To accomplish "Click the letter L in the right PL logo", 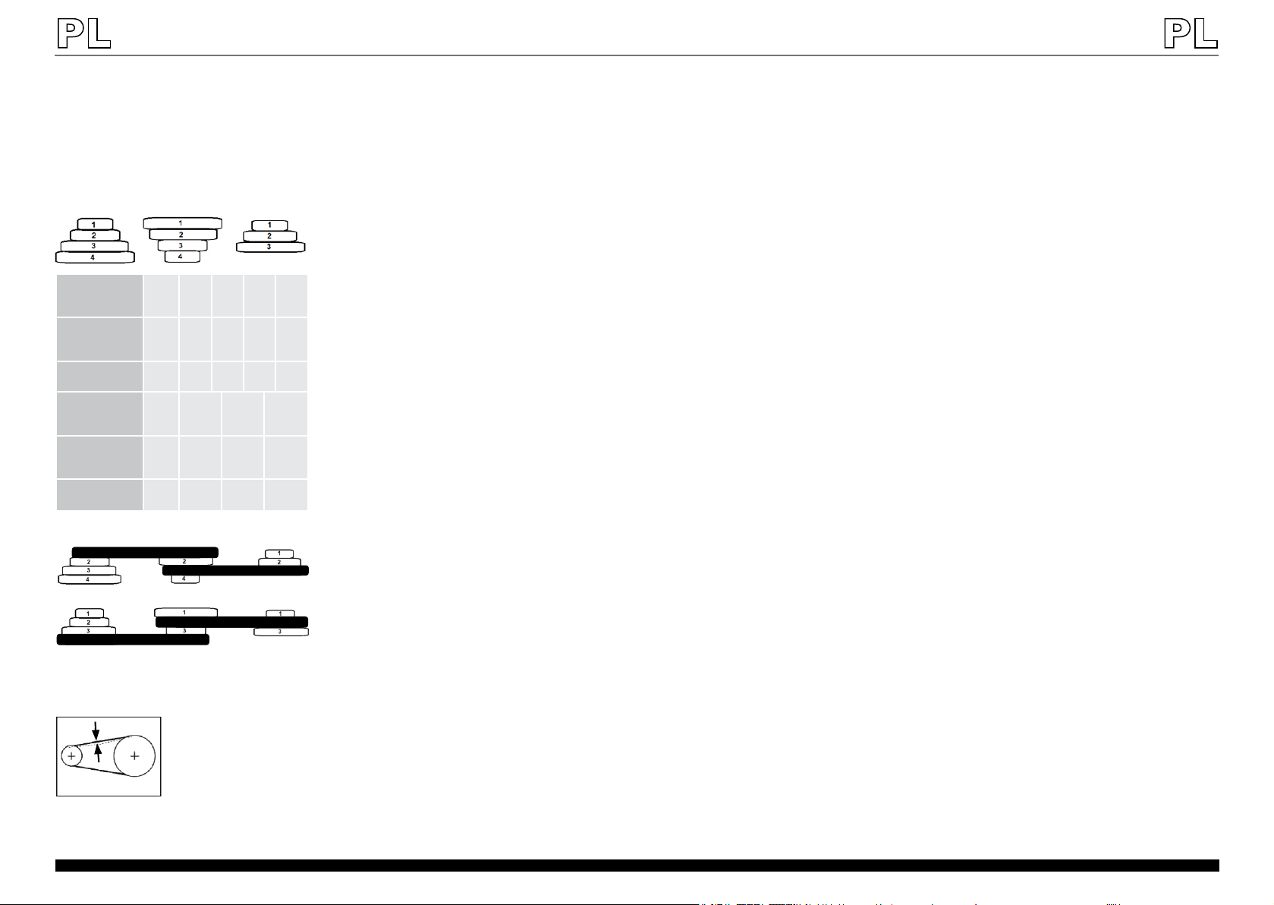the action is tap(1205, 34).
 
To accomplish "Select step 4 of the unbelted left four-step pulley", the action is tap(95, 257).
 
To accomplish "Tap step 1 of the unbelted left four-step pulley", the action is tap(95, 224).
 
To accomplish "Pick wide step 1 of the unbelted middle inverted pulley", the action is tap(183, 223).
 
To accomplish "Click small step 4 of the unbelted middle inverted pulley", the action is tap(183, 257).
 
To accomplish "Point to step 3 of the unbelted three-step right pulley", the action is tap(271, 247).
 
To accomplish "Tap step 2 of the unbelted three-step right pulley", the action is tap(270, 235).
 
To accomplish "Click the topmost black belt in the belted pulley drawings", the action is tap(145, 552).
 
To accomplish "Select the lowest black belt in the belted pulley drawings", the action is tap(133, 640).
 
